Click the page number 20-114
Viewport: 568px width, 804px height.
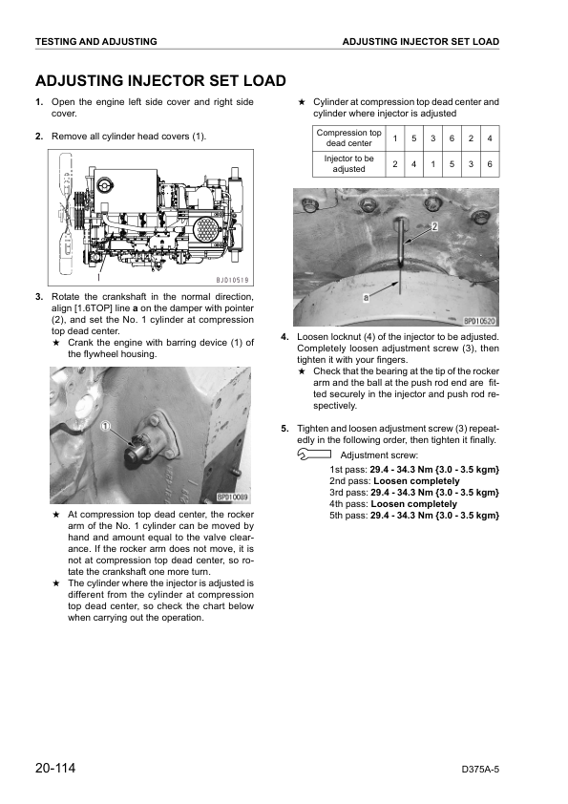point(55,768)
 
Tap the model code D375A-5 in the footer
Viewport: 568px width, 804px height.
point(480,769)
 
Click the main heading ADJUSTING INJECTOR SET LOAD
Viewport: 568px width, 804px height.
point(160,81)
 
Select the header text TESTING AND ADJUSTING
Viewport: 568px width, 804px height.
point(96,41)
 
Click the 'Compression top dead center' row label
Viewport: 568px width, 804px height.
point(348,138)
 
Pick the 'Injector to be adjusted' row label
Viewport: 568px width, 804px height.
point(348,163)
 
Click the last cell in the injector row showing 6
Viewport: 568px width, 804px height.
point(490,164)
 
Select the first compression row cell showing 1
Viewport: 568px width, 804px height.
point(394,138)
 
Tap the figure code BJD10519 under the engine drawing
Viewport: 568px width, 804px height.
point(232,280)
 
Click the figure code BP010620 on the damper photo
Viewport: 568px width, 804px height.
point(480,321)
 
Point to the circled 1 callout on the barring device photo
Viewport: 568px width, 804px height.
point(105,426)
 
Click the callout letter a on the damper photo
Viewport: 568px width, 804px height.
point(366,297)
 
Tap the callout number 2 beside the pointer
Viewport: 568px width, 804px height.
point(434,226)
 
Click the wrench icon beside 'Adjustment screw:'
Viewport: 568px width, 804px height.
point(314,454)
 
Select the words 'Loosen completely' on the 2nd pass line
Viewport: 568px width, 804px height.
point(416,481)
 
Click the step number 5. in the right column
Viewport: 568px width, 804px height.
point(285,429)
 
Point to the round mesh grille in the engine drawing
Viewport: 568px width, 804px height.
point(206,228)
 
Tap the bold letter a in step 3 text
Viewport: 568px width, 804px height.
point(136,308)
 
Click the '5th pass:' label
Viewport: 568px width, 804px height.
point(348,516)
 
